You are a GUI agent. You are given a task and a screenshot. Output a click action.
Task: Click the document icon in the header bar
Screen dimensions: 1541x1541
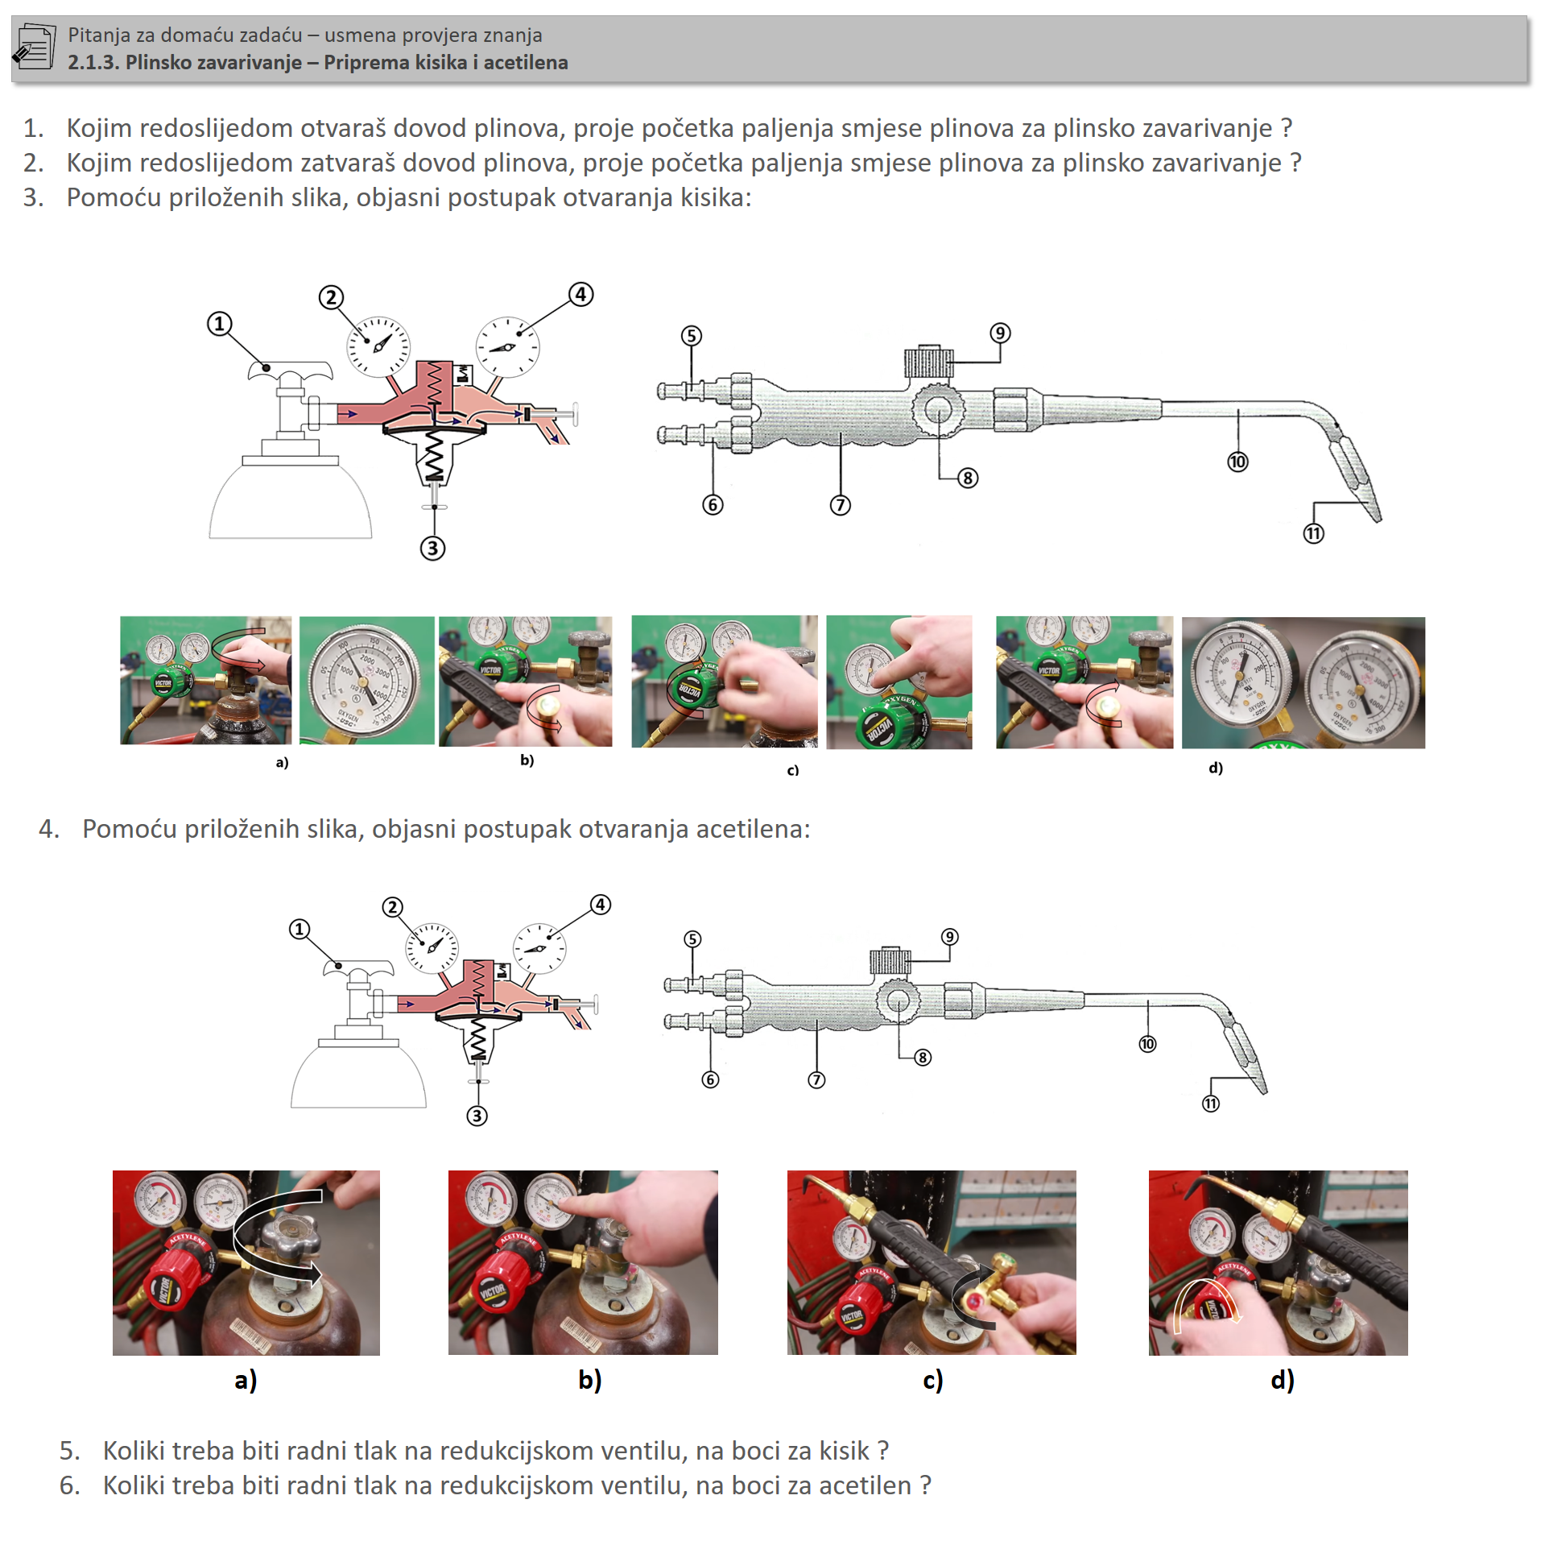click(35, 47)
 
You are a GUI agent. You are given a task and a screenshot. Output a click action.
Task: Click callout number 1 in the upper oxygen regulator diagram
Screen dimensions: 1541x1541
click(219, 324)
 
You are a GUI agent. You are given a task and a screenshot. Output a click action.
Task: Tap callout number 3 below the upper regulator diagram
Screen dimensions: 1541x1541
click(432, 549)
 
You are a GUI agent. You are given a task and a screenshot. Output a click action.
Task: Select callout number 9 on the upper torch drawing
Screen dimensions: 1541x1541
click(999, 333)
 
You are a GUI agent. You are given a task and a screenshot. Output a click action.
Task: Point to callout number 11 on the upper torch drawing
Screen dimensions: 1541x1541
click(1313, 533)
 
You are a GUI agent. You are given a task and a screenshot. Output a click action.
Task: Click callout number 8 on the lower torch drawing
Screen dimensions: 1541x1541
click(923, 1057)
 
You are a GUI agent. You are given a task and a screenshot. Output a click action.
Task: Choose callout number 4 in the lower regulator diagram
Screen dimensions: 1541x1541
click(601, 904)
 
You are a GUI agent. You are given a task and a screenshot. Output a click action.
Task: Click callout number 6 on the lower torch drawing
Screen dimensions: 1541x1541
click(710, 1079)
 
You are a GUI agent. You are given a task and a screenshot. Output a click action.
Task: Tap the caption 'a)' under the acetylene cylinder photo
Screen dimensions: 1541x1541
click(246, 1380)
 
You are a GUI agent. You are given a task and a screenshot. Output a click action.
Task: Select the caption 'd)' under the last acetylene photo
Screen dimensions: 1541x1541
click(1282, 1380)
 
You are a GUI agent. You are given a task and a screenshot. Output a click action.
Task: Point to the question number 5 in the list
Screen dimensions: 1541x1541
click(69, 1450)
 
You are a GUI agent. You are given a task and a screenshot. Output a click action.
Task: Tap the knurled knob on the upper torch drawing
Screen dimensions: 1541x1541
click(928, 362)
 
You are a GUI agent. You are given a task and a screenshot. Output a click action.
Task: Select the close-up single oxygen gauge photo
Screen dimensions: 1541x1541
click(366, 681)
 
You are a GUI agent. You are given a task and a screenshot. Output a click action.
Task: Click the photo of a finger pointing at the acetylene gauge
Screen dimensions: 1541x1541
click(582, 1261)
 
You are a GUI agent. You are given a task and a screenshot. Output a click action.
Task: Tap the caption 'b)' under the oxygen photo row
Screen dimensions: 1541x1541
click(527, 760)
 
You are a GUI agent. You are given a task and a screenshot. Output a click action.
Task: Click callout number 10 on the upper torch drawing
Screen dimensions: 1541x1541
click(1237, 462)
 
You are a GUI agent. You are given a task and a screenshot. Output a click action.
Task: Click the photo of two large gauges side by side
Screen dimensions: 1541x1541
click(1303, 682)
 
